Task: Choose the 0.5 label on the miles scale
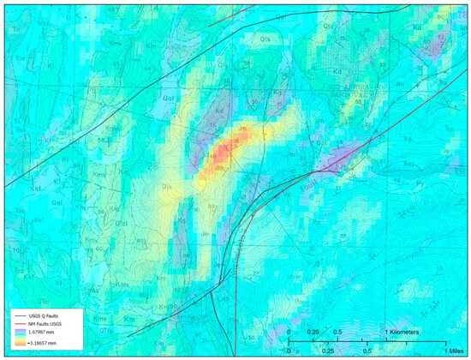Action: pyautogui.click(x=367, y=351)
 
